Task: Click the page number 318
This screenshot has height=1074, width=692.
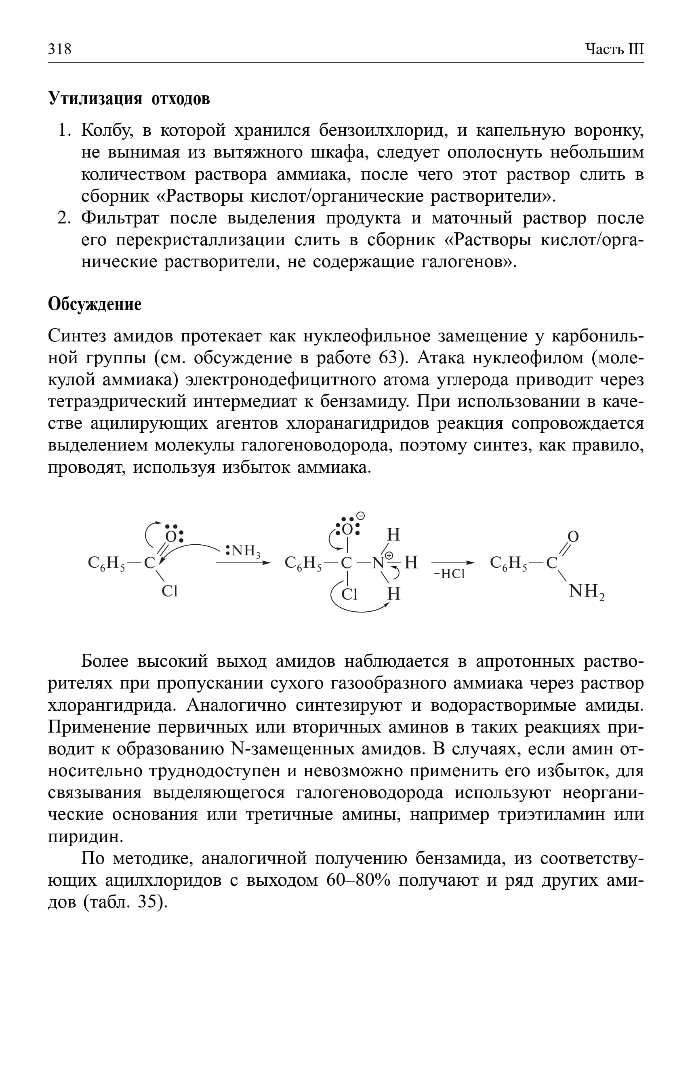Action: (60, 48)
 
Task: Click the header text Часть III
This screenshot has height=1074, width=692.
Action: (614, 48)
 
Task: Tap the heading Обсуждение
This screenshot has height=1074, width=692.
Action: (95, 304)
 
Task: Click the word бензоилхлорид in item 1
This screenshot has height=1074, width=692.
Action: (383, 131)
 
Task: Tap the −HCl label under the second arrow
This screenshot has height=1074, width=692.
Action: (449, 574)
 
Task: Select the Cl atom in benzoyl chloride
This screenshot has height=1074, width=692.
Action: (170, 592)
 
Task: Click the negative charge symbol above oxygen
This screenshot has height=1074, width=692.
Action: (360, 516)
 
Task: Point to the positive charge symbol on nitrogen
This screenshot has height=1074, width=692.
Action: (389, 556)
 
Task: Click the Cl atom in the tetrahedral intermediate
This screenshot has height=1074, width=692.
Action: (349, 594)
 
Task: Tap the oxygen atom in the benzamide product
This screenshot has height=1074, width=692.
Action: (573, 537)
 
